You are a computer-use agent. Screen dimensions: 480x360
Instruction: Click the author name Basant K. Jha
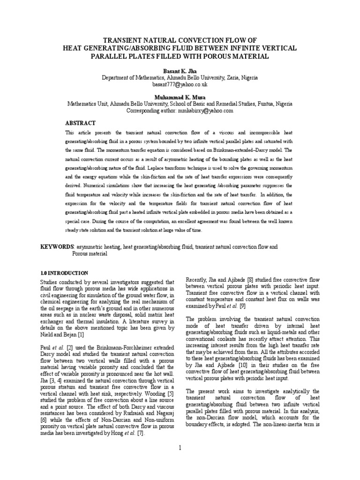click(180, 69)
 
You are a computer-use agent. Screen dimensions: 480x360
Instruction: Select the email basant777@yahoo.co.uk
click(180, 84)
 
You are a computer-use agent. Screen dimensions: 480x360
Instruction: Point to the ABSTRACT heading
click(80, 123)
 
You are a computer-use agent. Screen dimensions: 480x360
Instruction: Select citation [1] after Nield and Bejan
click(95, 335)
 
